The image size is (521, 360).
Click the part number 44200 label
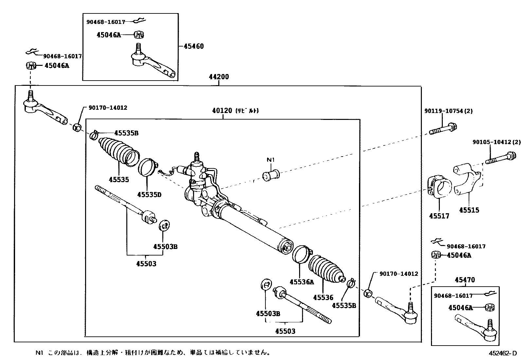tap(219, 77)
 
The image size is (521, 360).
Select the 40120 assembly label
tap(222, 111)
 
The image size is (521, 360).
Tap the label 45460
tap(193, 46)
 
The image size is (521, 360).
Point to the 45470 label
tap(465, 280)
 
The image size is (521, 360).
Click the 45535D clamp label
tap(149, 195)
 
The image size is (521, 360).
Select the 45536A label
tap(301, 282)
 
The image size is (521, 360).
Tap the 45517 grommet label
tap(439, 216)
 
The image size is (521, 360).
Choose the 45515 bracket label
tap(469, 210)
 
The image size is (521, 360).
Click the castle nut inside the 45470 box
tap(490, 307)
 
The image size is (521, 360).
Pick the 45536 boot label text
tap(323, 297)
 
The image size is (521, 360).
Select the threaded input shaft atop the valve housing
tap(197, 157)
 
